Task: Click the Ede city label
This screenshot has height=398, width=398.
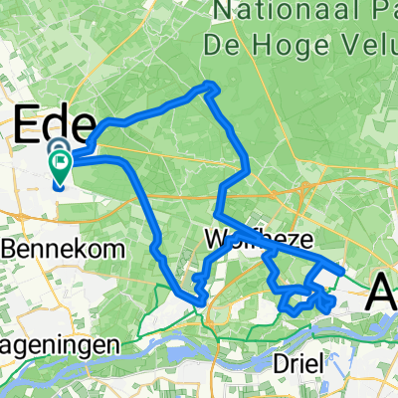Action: (54, 125)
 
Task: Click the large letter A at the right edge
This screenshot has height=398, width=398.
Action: (384, 293)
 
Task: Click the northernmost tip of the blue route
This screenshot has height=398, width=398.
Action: (210, 85)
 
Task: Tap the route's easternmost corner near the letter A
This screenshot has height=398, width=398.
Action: (342, 270)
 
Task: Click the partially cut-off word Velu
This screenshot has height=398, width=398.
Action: (368, 46)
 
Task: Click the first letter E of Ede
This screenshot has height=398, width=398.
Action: (29, 125)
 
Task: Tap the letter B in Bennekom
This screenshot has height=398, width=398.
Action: (7, 246)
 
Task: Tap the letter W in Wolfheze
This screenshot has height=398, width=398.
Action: (212, 240)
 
